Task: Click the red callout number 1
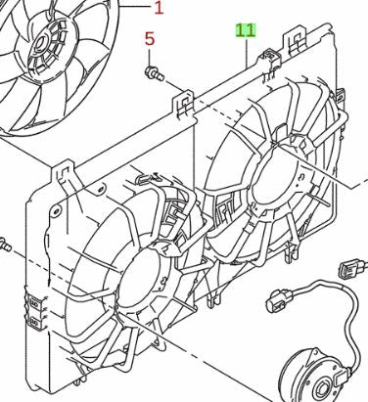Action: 159,8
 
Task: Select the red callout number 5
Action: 150,39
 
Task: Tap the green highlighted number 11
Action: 246,30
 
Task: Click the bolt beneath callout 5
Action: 154,73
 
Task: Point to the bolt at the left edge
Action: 5,246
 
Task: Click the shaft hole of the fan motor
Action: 322,389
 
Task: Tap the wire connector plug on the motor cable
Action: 280,300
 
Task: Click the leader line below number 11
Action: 248,53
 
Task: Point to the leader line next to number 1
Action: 135,7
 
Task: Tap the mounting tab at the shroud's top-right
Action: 296,42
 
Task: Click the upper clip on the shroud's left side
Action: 34,304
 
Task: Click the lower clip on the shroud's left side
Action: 34,323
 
